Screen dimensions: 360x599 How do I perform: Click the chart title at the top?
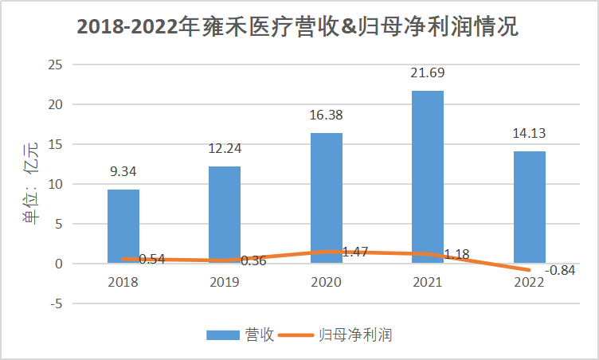click(299, 28)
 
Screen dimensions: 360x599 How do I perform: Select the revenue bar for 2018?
click(123, 226)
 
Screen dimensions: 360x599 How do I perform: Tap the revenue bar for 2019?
click(225, 214)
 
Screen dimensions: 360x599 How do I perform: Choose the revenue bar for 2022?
click(530, 207)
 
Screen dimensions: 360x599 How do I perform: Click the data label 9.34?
click(123, 170)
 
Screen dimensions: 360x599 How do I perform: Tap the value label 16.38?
click(326, 115)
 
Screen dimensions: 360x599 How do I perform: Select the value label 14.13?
click(530, 133)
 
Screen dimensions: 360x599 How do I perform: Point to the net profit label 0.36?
click(253, 260)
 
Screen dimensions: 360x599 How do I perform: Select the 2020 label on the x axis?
click(326, 282)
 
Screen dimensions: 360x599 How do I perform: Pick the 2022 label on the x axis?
click(530, 282)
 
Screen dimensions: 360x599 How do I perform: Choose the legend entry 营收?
click(241, 335)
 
